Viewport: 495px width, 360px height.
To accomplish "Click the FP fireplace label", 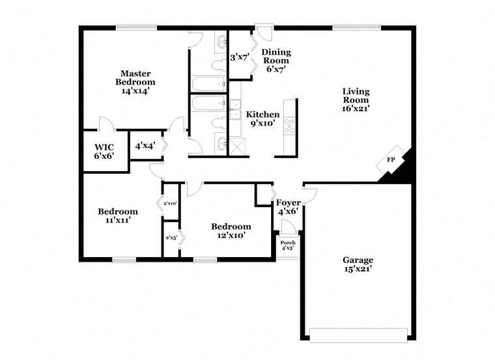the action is coord(391,159).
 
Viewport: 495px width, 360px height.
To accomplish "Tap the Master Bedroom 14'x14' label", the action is coord(135,82).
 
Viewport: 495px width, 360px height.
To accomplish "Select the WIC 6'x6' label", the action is coord(104,152).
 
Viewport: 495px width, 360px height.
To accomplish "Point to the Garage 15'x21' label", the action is coord(358,264).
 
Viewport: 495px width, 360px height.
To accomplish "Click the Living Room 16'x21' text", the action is coord(356,100).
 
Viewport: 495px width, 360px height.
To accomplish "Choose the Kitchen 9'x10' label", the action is coord(262,118).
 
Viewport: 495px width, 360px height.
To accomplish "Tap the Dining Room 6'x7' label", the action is coord(276,61).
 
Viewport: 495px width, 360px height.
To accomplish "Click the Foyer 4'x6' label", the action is coord(289,206).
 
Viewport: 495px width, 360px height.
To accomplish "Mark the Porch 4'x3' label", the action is coord(288,245).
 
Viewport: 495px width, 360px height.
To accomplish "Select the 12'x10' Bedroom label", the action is coord(231,230).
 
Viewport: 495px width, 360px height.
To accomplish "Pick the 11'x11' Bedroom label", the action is coord(118,215).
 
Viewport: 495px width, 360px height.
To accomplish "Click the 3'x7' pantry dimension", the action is coord(240,57).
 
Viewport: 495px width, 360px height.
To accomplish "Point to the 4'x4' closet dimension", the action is coord(145,146).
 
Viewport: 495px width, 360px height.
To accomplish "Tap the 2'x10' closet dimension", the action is coord(171,204).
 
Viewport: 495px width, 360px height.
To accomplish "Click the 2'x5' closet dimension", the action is coord(171,238).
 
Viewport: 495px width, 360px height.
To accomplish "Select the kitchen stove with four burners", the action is coord(289,126).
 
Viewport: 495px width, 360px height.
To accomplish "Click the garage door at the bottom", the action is coord(358,335).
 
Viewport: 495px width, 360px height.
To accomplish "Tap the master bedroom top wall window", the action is coord(136,28).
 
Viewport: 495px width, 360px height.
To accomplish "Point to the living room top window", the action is coord(357,28).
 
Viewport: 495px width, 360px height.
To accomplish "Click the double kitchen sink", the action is coord(234,109).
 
